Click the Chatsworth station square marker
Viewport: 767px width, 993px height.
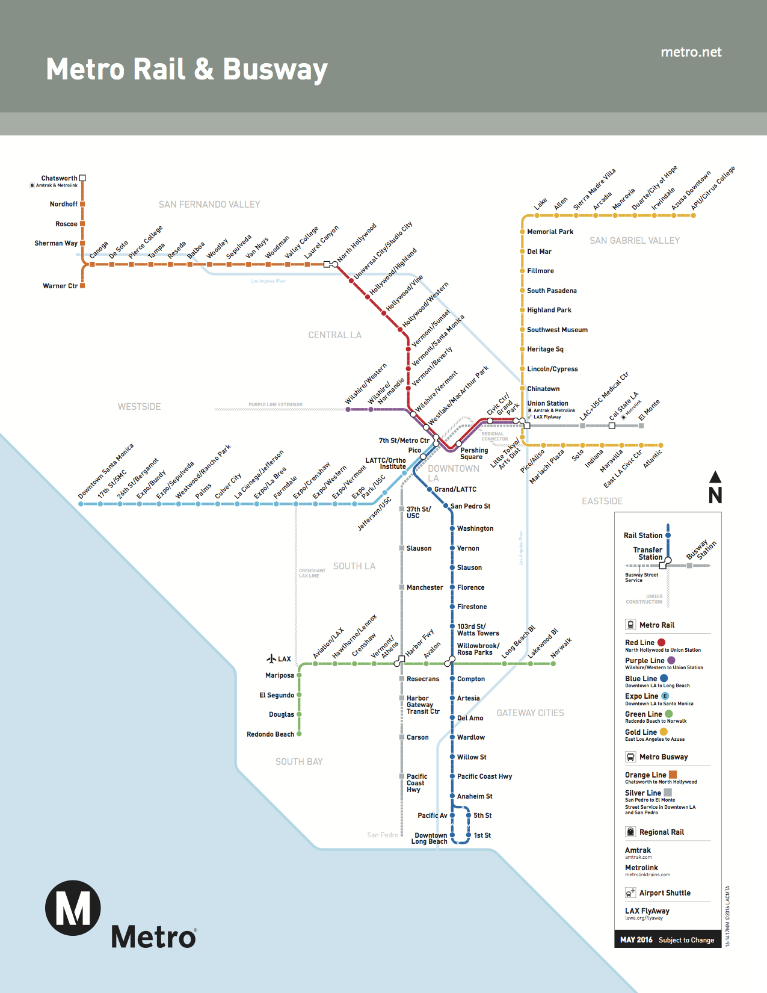[82, 178]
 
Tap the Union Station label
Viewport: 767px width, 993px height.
[547, 403]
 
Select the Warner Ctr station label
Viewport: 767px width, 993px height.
[60, 286]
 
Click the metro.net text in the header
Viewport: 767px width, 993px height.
[691, 52]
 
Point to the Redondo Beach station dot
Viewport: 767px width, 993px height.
[299, 734]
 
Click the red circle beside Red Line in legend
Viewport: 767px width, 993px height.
[661, 642]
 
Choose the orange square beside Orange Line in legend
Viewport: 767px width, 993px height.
[673, 775]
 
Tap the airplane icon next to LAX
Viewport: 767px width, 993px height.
[271, 658]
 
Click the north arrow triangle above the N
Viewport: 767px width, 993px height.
[715, 477]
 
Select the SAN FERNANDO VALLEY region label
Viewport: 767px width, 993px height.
[209, 204]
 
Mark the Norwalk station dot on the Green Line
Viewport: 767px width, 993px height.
[553, 664]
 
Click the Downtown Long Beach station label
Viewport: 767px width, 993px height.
[430, 838]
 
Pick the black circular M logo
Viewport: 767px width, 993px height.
[73, 908]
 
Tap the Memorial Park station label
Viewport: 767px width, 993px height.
[550, 232]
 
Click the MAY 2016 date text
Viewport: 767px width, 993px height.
[636, 939]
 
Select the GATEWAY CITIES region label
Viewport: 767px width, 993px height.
[530, 713]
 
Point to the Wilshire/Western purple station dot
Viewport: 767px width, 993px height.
[348, 409]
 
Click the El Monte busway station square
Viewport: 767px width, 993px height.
[641, 425]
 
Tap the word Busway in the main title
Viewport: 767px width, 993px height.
[275, 70]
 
